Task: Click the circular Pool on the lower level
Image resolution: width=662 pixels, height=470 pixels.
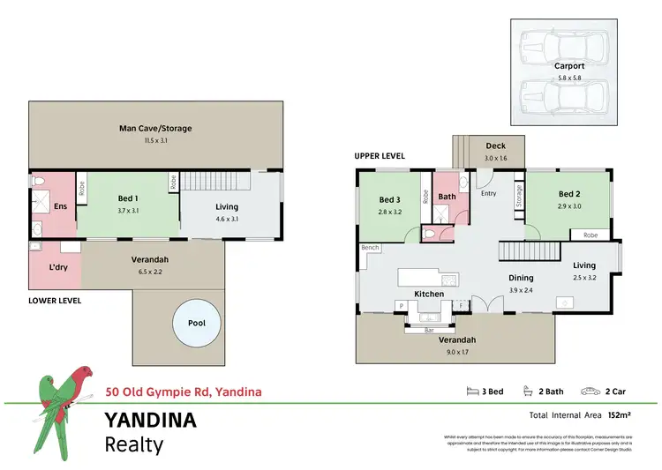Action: pos(197,323)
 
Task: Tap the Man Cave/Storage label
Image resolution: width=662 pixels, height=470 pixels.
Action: pos(155,129)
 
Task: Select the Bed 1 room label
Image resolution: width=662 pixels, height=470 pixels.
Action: pos(127,199)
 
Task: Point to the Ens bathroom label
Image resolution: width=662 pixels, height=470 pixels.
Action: pos(60,206)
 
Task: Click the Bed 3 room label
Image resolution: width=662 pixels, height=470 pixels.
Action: pos(390,200)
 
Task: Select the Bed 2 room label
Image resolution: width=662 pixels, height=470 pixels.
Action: pos(568,194)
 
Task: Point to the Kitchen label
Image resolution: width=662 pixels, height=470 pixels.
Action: pos(429,294)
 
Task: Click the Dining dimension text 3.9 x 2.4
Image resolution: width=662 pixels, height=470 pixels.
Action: pos(521,290)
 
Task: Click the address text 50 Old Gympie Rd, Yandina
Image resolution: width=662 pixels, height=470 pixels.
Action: pos(184,391)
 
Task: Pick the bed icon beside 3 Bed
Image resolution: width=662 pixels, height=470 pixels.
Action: pos(471,391)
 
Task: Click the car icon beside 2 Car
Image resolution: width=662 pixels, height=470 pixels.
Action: pos(587,391)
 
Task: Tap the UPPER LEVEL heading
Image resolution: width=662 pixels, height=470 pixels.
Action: pos(380,156)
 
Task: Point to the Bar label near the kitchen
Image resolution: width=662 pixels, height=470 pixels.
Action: pos(429,330)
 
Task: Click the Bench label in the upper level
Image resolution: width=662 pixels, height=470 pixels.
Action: pos(370,248)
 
